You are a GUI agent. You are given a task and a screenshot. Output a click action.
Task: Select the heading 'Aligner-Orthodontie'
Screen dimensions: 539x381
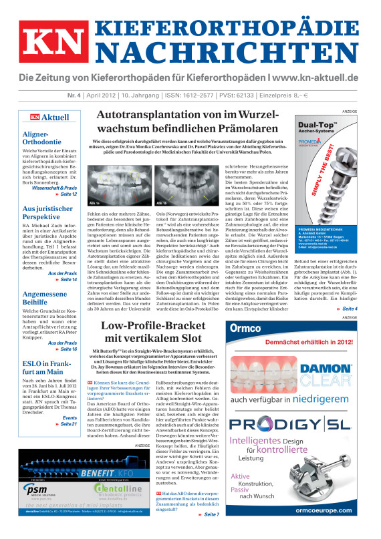(42, 138)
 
